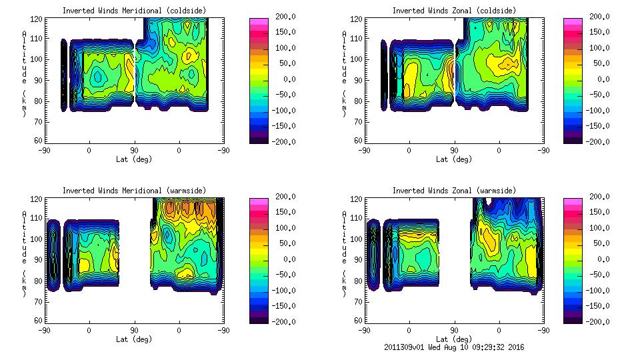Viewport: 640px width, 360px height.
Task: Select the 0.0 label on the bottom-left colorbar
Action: point(285,259)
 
